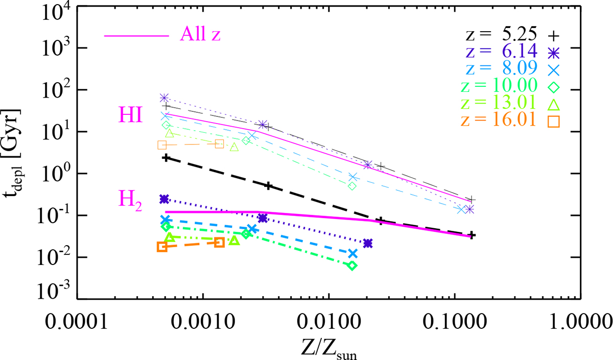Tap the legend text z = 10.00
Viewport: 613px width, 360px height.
coord(501,87)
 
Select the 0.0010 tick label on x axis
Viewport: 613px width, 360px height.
coord(203,324)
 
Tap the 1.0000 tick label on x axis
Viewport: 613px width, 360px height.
coord(580,324)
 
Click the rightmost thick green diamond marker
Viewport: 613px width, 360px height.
coord(352,266)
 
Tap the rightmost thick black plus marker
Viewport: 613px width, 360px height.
coord(473,235)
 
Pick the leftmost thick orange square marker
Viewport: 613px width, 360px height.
coord(162,247)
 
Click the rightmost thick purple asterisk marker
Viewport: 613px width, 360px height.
coord(368,243)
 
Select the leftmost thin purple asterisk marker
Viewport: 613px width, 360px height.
coord(164,98)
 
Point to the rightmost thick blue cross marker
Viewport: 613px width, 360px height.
coord(352,253)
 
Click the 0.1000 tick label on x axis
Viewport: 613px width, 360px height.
coord(455,324)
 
